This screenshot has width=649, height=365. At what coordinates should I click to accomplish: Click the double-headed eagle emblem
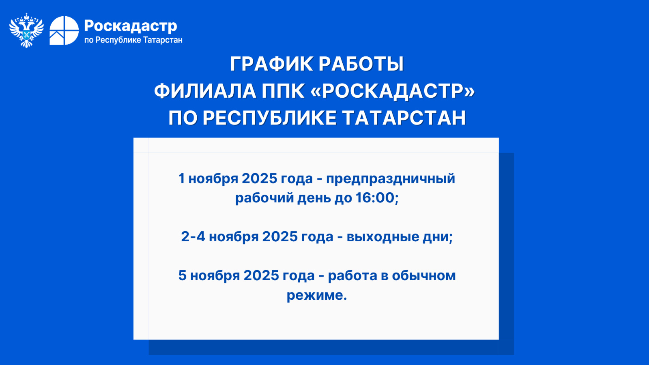[26, 30]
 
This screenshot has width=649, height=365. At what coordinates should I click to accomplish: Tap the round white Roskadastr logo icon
[64, 31]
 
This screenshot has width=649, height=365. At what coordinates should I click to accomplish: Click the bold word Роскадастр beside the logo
[130, 26]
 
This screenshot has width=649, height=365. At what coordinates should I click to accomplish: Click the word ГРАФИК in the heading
[272, 64]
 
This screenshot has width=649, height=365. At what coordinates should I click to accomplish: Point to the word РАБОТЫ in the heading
[361, 64]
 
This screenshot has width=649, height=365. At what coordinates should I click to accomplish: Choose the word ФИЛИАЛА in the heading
[205, 91]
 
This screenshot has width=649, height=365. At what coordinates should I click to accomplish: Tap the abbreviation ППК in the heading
[283, 91]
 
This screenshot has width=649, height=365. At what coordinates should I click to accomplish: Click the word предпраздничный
[391, 179]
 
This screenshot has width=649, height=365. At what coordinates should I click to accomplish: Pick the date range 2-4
[193, 236]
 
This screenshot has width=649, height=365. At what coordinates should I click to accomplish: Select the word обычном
[423, 275]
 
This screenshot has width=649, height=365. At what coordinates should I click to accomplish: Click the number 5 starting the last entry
[182, 275]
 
